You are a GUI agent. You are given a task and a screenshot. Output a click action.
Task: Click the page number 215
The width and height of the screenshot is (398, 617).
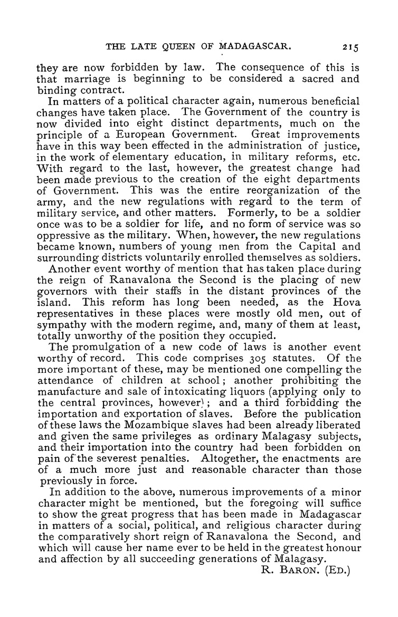point(349,46)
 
